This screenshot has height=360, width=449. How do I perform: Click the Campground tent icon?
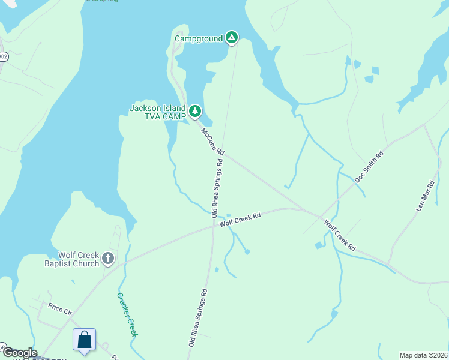(x=232, y=38)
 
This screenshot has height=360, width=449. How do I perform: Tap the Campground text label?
(x=199, y=39)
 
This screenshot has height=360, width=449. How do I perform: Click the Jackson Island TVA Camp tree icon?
(x=194, y=111)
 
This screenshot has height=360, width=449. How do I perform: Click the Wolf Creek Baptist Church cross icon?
(x=108, y=259)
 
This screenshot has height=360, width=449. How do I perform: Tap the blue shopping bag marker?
(x=85, y=340)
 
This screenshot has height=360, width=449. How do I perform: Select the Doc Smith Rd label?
(x=369, y=167)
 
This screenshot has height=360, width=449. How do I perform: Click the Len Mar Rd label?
(x=425, y=197)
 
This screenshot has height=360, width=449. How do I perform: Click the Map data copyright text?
(x=423, y=355)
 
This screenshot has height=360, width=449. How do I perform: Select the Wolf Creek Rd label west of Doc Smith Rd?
(x=240, y=220)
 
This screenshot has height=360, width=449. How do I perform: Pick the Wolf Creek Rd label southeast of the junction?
(x=340, y=236)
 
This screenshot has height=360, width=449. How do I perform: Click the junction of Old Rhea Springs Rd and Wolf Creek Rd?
(x=213, y=226)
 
